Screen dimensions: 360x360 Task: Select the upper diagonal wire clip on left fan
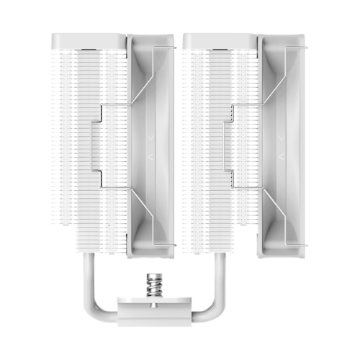tap(137, 79)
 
